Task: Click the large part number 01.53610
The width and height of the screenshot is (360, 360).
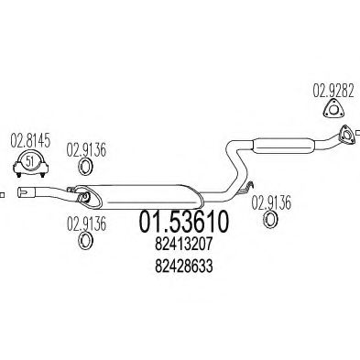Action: pos(183,223)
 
